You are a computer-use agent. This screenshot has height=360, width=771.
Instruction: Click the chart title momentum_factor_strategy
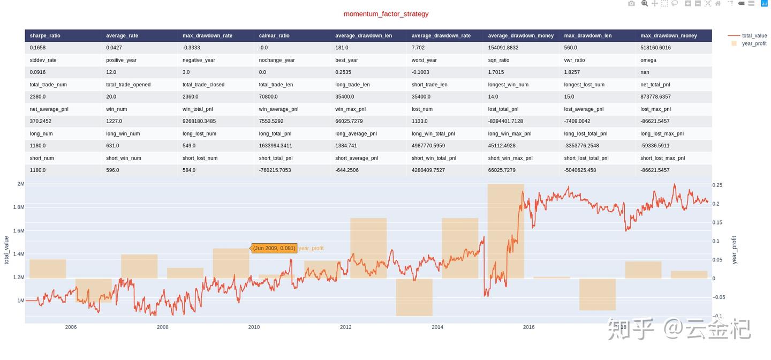385,14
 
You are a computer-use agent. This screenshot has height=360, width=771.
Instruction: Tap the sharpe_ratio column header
45,35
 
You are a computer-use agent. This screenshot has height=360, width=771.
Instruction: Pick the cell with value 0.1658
39,48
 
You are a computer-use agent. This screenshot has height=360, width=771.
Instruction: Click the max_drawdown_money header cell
668,35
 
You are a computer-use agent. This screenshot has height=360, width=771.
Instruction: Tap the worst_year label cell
424,60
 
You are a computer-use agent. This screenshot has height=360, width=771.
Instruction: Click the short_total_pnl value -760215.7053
276,170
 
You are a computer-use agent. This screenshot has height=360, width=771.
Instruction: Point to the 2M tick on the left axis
20,184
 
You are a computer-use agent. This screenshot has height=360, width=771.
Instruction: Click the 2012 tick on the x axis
345,327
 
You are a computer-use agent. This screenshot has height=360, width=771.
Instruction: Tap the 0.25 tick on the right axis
717,185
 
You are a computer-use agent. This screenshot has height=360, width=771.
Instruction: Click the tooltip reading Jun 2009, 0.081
274,248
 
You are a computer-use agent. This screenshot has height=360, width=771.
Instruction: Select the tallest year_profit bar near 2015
505,230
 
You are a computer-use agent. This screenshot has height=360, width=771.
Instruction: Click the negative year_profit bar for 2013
414,297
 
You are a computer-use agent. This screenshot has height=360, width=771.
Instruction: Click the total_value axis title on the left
7,250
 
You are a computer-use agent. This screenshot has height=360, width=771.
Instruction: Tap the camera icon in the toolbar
631,4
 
